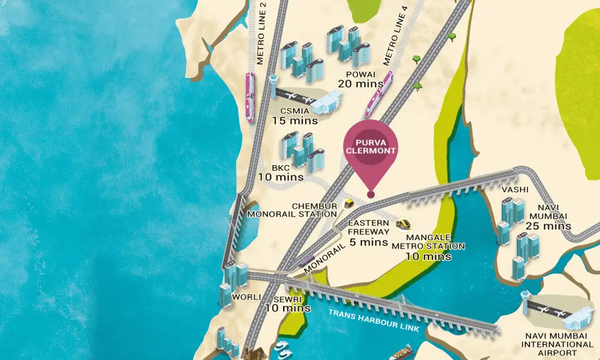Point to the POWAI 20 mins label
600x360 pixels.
[x=360, y=79]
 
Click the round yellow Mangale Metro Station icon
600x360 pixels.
[x=403, y=224]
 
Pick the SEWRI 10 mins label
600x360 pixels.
[x=287, y=304]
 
